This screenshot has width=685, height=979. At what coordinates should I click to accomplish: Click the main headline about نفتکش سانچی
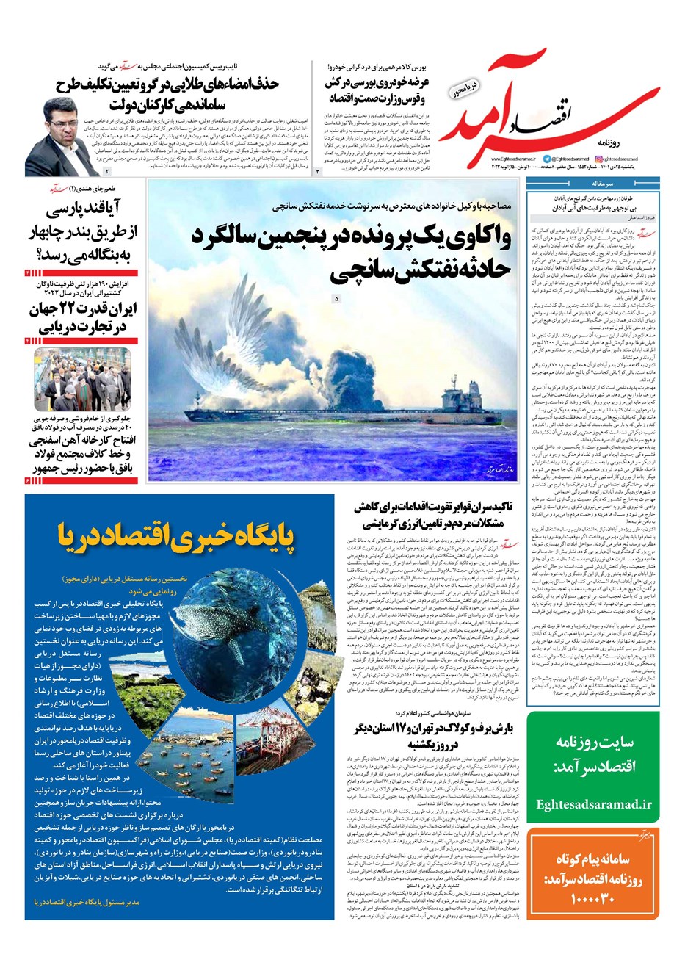click(352, 253)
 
